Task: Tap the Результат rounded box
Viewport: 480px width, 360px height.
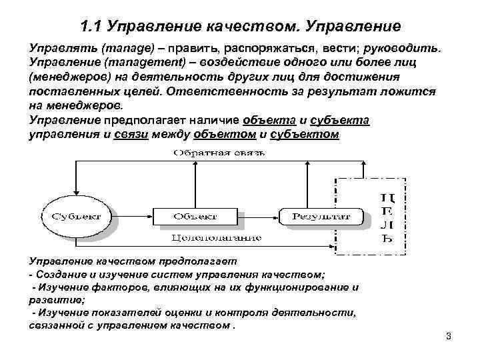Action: point(320,216)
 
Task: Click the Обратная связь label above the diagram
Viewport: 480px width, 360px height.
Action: point(219,153)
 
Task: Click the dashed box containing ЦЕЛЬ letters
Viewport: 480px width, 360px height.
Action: point(371,217)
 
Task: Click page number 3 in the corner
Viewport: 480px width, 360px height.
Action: point(448,336)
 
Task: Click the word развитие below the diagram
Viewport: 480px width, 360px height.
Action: point(53,300)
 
